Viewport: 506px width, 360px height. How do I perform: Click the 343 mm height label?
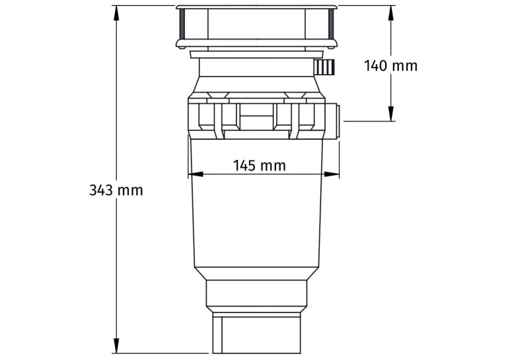pos(116,190)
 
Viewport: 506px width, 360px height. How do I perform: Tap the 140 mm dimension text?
pos(391,65)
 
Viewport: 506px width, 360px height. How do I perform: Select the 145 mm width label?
pos(260,166)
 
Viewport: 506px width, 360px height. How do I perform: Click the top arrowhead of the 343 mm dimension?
pos(117,14)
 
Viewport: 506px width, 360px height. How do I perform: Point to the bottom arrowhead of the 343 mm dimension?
pos(117,346)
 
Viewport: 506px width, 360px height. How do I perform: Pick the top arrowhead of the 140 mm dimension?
pos(391,14)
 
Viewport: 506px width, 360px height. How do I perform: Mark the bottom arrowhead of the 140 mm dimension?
pos(391,114)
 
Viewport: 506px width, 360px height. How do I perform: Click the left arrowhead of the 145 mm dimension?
pos(196,174)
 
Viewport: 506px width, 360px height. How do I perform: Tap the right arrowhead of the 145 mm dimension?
pos(332,174)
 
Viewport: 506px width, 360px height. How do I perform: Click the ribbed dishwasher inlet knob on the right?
pos(324,67)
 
